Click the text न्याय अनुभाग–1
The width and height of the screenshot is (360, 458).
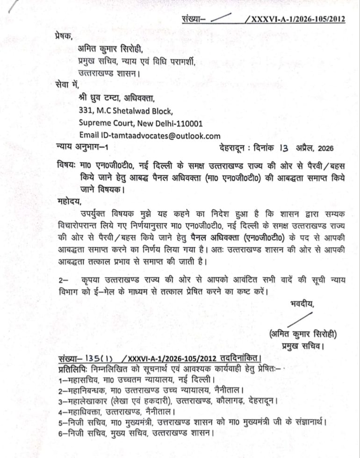[x=80, y=149]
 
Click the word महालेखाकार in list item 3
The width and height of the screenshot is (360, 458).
[x=87, y=401]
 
